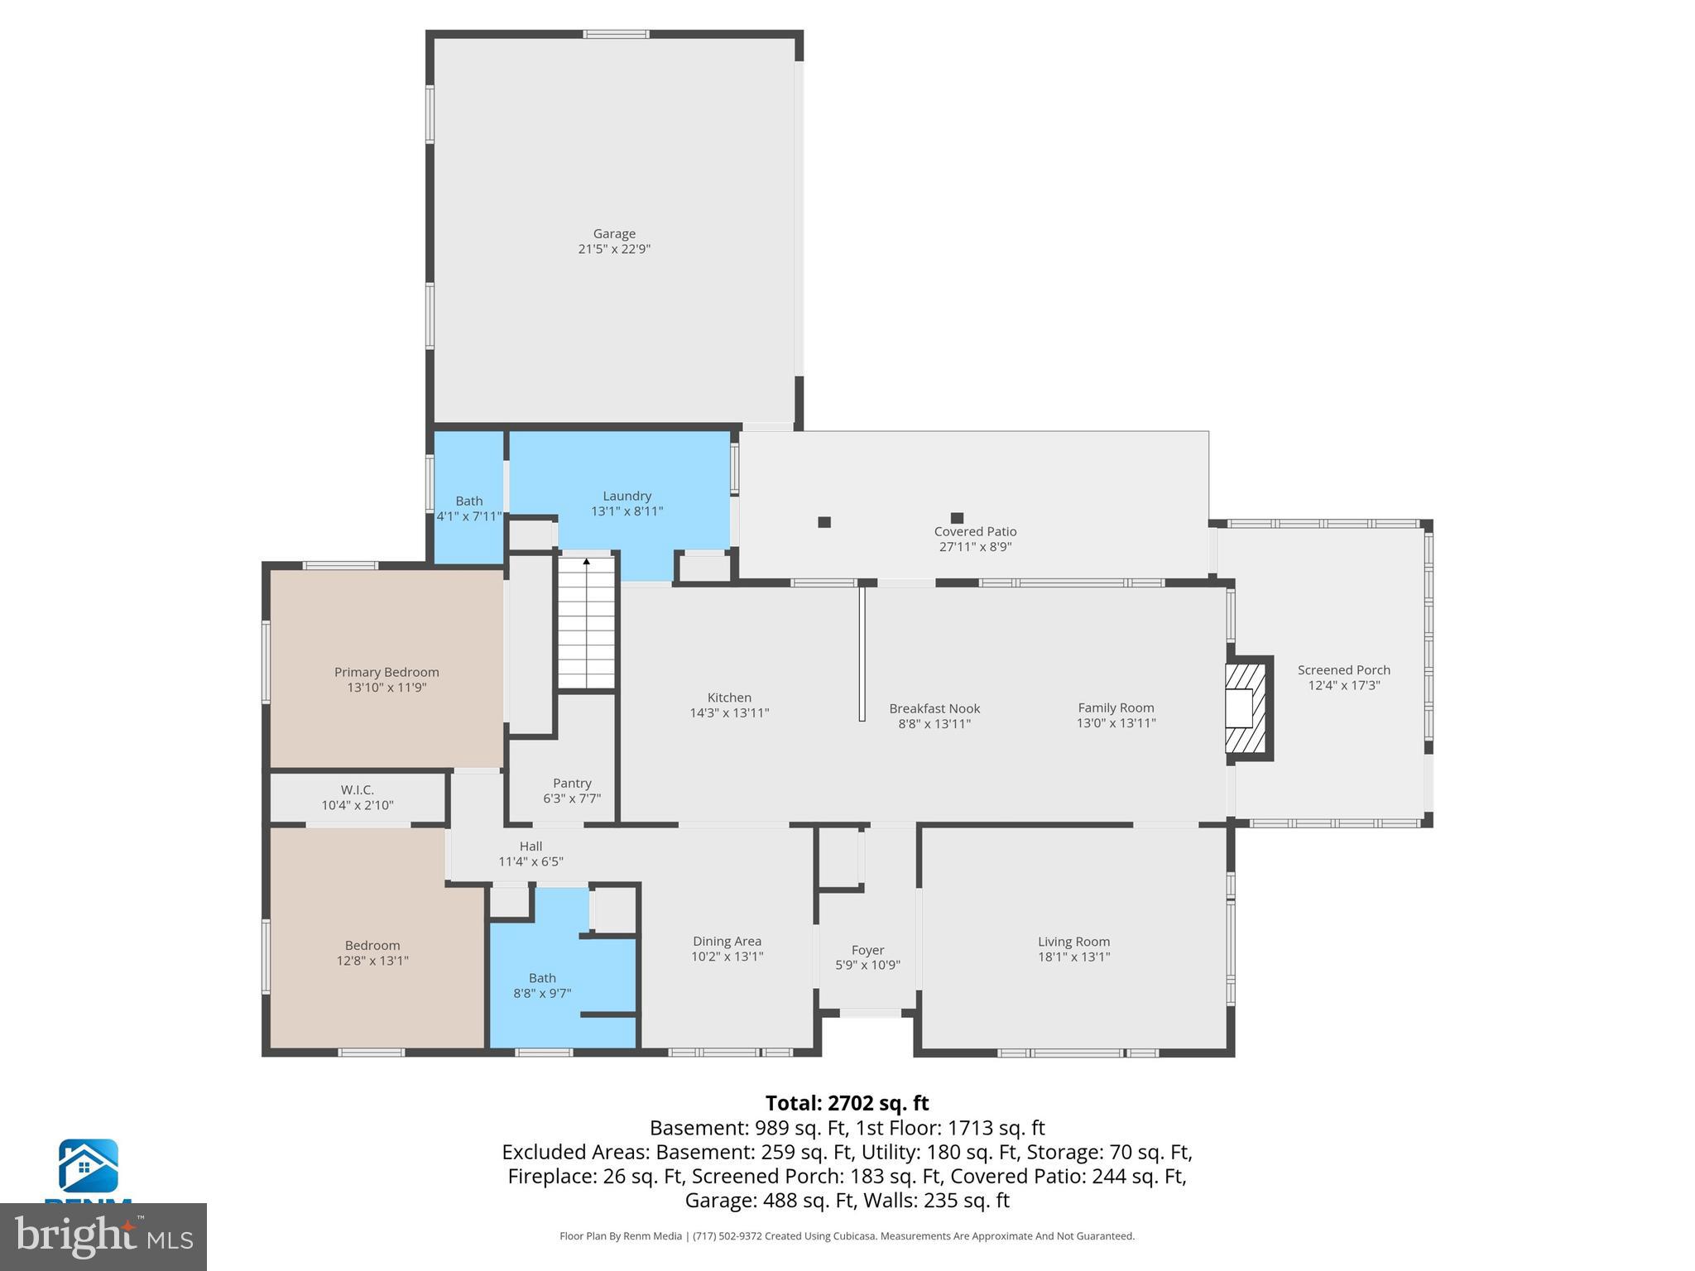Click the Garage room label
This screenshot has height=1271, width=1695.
click(614, 234)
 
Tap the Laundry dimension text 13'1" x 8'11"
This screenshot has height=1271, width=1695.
click(627, 511)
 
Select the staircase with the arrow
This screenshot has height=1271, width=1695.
click(587, 622)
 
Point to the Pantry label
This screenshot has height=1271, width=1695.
click(572, 783)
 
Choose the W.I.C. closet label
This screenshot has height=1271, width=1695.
click(357, 790)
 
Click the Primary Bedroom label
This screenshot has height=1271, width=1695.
click(387, 672)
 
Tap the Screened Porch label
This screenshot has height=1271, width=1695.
click(1343, 670)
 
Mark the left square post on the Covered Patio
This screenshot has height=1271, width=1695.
click(824, 522)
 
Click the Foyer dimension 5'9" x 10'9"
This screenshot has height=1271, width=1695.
click(867, 965)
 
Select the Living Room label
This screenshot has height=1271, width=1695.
click(1073, 942)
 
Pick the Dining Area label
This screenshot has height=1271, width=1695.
click(727, 942)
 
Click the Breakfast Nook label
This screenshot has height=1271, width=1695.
click(934, 708)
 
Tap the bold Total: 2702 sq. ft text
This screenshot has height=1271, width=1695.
click(847, 1103)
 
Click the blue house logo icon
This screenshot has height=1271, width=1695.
click(88, 1166)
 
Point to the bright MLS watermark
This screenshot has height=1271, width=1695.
click(103, 1236)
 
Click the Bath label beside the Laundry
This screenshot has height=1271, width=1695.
click(469, 501)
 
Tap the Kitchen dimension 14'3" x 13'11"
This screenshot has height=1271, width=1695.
click(729, 713)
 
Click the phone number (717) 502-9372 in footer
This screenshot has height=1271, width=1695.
click(727, 1236)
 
